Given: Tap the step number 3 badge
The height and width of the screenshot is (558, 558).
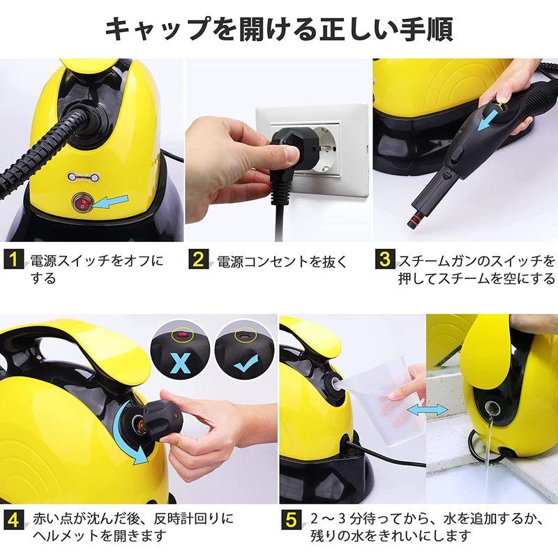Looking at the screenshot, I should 384,262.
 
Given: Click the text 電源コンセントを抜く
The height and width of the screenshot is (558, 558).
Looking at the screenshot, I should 279,262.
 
